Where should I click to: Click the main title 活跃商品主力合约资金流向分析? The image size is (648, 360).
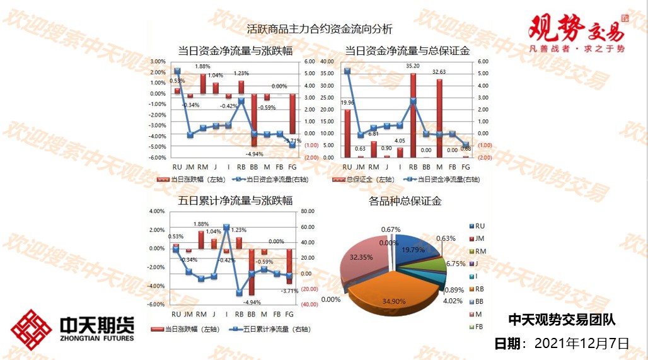pyautogui.click(x=320, y=29)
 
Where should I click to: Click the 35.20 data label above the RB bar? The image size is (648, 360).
pyautogui.click(x=413, y=66)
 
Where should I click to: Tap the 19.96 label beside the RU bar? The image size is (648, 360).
pyautogui.click(x=347, y=103)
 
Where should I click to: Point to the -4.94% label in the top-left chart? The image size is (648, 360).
pyautogui.click(x=254, y=154)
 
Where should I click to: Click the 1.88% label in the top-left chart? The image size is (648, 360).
pyautogui.click(x=202, y=66)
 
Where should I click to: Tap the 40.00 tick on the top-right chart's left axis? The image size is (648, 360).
pyautogui.click(x=327, y=62)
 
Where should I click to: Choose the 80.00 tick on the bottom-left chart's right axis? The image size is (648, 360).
pyautogui.click(x=308, y=211)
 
